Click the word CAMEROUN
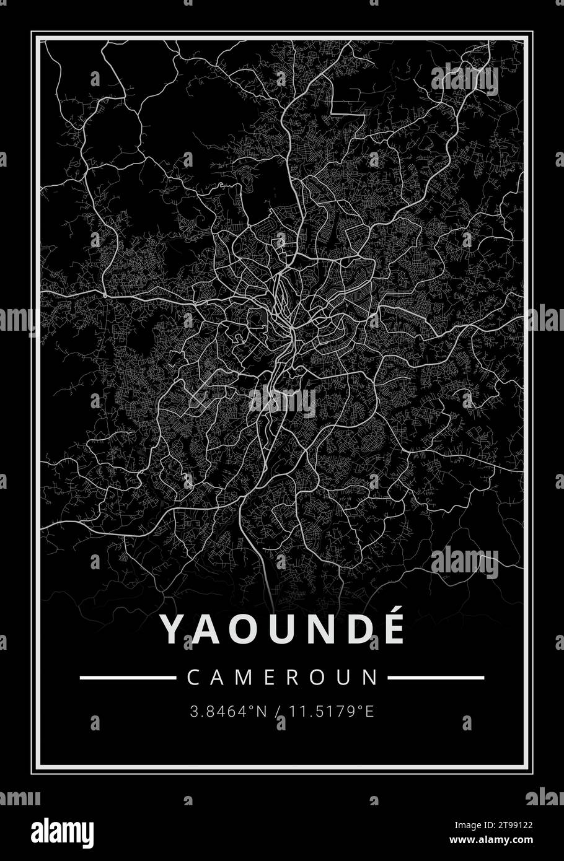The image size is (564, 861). click(x=282, y=677)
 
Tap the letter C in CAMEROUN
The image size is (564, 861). click(x=193, y=677)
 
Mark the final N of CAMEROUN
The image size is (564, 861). click(x=371, y=677)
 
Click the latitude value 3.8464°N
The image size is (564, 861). click(x=228, y=711)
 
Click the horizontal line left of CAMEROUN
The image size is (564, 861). click(x=128, y=678)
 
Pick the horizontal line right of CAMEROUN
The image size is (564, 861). click(x=436, y=678)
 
